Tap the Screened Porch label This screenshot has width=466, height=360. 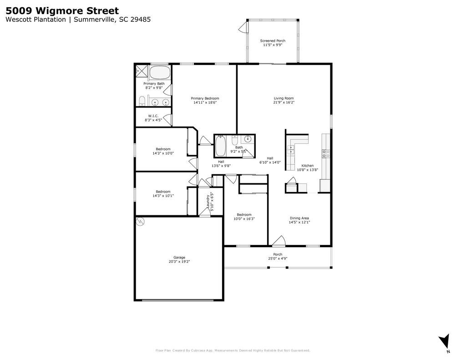coord(273,41)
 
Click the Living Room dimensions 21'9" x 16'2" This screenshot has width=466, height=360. coord(284,102)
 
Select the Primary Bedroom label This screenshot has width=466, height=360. coord(205,98)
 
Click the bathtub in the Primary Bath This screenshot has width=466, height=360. coord(160,73)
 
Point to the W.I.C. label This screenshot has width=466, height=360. coord(153,116)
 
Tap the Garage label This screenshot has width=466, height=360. coord(179,258)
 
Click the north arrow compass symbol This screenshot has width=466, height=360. coord(445,341)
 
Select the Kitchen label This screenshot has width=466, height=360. coord(307,166)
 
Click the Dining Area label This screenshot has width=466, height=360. coord(299,218)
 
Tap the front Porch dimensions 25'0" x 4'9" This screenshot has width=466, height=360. coord(278,259)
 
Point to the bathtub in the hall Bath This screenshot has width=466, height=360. coord(221,146)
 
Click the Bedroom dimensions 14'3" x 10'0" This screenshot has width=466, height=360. coord(163,153)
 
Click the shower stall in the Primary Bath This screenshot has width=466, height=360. coord(142,71)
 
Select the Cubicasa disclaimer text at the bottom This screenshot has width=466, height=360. coord(233,350)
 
